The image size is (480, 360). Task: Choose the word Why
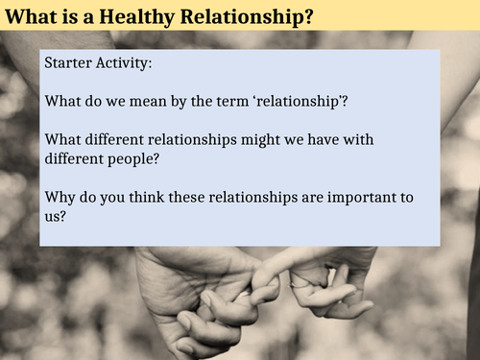[x=60, y=198]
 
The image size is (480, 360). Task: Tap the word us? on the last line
[x=57, y=217]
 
